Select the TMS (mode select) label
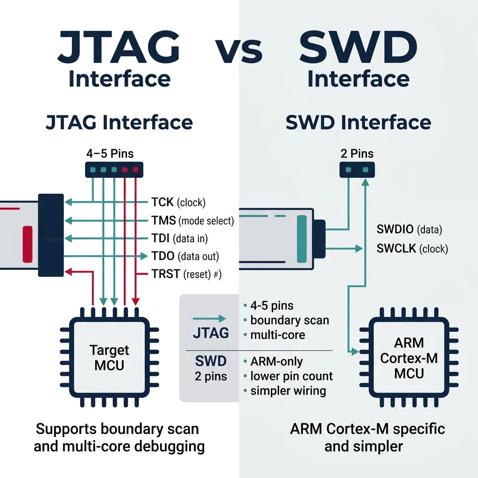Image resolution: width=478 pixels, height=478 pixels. [192, 220]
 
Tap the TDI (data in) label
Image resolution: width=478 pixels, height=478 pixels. [179, 239]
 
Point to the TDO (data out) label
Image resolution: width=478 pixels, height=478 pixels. [185, 256]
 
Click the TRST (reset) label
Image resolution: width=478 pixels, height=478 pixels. [186, 274]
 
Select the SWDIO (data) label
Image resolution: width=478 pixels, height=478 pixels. [409, 230]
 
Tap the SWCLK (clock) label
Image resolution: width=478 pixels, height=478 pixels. [412, 249]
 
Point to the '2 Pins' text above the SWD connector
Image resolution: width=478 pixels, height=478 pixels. [357, 154]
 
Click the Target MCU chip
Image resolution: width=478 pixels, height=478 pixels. [109, 358]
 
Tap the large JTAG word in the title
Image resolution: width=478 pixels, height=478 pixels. [119, 48]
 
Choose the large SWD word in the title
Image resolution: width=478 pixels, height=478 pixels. [358, 48]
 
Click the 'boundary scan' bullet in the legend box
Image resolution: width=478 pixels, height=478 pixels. [289, 320]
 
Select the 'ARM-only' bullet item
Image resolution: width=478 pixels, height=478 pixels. [276, 362]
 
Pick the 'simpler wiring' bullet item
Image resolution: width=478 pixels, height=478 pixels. [288, 391]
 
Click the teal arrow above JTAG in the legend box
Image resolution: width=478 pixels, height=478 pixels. [209, 318]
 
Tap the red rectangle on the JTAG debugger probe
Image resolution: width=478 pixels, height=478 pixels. [28, 241]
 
